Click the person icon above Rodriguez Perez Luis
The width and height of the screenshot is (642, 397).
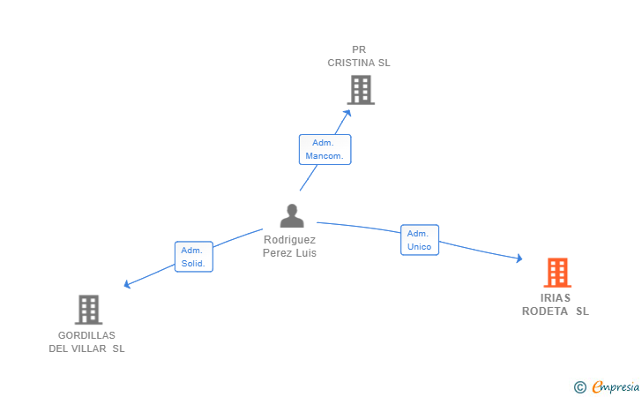[x=292, y=215]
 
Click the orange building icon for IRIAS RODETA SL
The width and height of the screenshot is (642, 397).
[x=557, y=273]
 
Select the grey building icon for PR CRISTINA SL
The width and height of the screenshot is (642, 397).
[x=361, y=90]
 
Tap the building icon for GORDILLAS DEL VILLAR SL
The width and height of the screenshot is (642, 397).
[x=88, y=310]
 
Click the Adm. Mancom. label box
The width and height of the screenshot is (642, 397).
[x=325, y=150]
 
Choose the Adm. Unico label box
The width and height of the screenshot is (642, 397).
[x=420, y=240]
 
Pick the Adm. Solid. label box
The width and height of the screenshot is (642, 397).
[x=194, y=257]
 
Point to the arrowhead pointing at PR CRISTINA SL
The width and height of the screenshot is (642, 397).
[x=347, y=113]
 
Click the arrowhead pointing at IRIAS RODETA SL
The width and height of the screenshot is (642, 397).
[x=519, y=258]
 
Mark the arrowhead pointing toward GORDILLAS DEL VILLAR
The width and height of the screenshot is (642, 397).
[x=127, y=284]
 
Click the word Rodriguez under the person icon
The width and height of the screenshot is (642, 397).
[x=289, y=240]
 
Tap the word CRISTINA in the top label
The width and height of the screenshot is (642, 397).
[x=351, y=63]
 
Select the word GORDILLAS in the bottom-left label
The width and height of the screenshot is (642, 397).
[x=86, y=335]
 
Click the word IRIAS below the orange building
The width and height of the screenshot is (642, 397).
[x=556, y=298]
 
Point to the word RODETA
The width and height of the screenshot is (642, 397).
[x=545, y=311]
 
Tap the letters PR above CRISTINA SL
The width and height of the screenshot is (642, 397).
[x=359, y=49]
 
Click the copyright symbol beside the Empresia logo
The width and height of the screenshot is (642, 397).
[x=579, y=387]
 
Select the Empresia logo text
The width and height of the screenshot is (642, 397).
[x=616, y=387]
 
